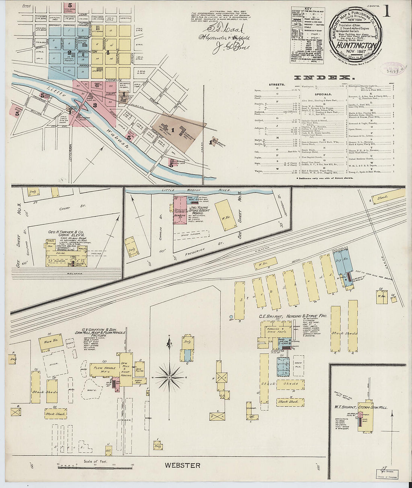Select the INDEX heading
click(x=324, y=77)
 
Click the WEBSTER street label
click(x=183, y=466)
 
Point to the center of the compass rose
click(x=169, y=378)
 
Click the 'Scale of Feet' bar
click(x=95, y=466)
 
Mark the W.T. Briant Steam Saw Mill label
click(x=361, y=407)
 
